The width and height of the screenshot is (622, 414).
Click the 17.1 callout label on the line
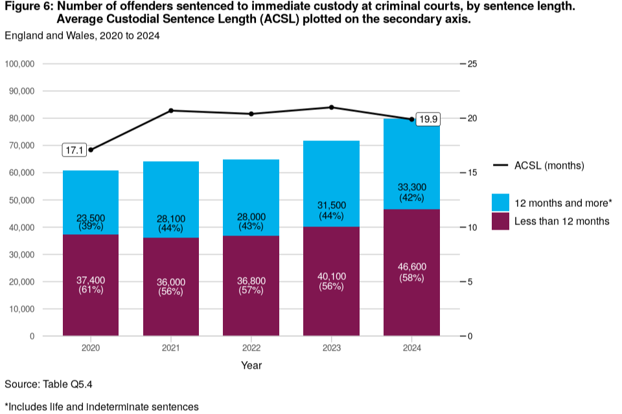[74, 150]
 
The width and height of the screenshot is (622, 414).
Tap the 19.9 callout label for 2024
[429, 119]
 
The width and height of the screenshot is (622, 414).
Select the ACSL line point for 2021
[171, 111]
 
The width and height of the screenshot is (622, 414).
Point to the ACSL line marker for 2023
[332, 107]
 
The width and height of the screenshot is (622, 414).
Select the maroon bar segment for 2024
[412, 304]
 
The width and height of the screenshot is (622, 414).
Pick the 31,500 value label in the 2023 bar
[332, 206]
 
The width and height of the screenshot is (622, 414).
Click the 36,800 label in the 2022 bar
[251, 281]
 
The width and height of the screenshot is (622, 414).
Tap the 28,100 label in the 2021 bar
[171, 219]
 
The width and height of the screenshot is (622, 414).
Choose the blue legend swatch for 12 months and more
[500, 202]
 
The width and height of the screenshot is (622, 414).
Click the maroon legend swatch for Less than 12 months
[500, 221]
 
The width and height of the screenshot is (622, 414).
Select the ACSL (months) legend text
[549, 166]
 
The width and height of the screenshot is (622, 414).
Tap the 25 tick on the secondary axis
[472, 64]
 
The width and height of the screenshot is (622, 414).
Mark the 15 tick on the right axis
[472, 173]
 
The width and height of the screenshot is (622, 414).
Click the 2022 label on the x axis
[251, 348]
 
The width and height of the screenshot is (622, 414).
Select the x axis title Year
[251, 365]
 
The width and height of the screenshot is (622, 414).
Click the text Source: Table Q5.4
[49, 384]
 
